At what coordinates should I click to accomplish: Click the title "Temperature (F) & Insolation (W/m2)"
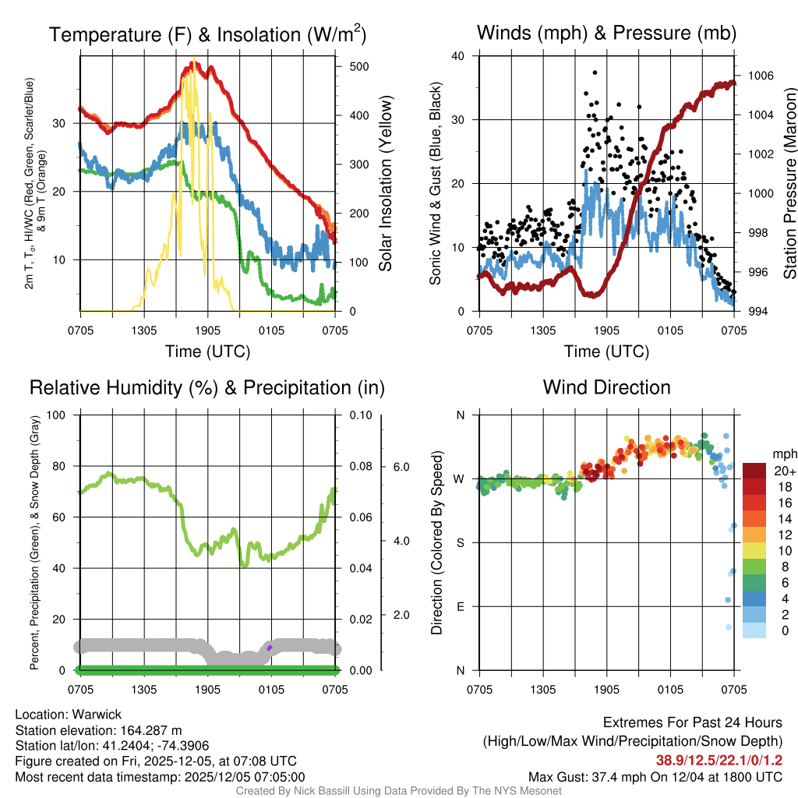click(x=207, y=34)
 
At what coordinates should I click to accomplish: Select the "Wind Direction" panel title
click(x=606, y=387)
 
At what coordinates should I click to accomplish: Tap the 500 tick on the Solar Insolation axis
click(x=358, y=67)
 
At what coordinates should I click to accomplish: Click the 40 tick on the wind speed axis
click(x=458, y=56)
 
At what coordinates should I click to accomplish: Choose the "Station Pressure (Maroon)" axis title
click(x=789, y=183)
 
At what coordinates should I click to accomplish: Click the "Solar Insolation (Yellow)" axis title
click(x=386, y=183)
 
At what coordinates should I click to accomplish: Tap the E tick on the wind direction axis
click(x=459, y=606)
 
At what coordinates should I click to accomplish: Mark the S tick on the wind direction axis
click(x=459, y=542)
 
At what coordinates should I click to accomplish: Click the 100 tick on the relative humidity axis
click(x=57, y=415)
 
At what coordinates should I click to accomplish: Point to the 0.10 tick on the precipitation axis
click(x=359, y=415)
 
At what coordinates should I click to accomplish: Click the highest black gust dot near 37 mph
click(x=595, y=72)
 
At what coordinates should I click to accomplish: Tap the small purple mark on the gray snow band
click(x=269, y=648)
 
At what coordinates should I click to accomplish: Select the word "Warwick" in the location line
click(x=97, y=715)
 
